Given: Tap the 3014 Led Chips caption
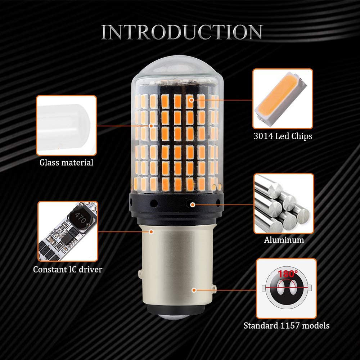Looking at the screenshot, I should click(x=283, y=136).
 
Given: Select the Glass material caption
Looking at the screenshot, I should click(x=66, y=162).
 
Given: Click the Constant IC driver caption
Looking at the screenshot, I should click(x=68, y=269).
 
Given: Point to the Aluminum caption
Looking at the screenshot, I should click(x=284, y=240).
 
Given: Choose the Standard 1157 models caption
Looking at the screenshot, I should click(x=286, y=326).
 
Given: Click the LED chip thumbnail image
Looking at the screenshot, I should click(x=283, y=99).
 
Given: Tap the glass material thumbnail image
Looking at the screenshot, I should click(x=66, y=125).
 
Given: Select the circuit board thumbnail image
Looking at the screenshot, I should click(x=68, y=231).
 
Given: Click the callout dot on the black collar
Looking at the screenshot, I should click(x=193, y=204).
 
